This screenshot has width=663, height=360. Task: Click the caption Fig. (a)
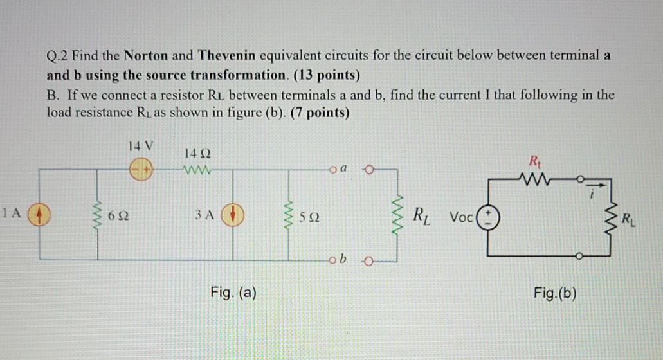[233, 294]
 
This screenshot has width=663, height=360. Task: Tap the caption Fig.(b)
[555, 294]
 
